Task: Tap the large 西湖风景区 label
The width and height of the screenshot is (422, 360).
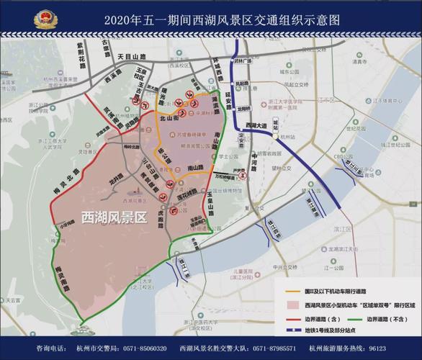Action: point(113,216)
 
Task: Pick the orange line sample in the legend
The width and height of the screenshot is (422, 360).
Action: point(295,289)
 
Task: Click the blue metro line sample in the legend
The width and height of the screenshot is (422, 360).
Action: point(295,331)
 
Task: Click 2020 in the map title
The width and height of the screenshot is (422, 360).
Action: point(118,19)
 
